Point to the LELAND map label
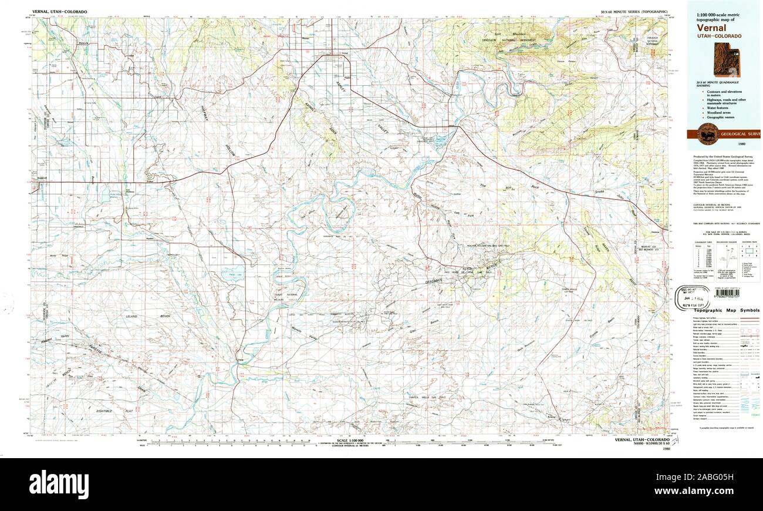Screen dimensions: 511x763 click(132, 317)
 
